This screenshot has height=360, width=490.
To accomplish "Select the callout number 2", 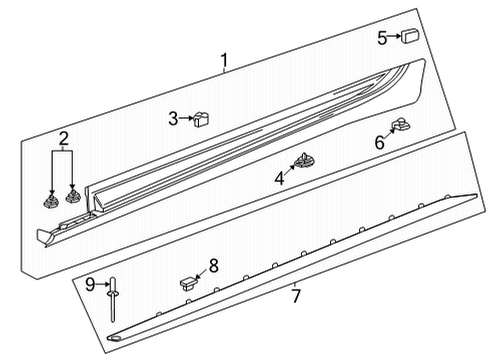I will [x=63, y=138].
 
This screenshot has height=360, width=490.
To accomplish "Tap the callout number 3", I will [x=173, y=119].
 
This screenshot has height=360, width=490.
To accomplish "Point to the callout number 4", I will [x=279, y=178].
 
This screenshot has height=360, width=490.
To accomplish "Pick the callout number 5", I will [x=381, y=38].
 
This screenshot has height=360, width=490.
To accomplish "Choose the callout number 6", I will [x=379, y=143].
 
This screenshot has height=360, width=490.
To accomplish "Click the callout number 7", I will [x=296, y=295].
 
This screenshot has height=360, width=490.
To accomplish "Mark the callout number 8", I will [x=212, y=266].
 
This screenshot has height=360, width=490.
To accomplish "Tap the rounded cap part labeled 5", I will [x=410, y=38].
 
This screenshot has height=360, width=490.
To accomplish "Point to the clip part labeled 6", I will [x=400, y=126].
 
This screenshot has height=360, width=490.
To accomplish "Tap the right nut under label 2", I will [x=72, y=193].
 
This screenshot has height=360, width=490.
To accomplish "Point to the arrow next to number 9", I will [x=105, y=285].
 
